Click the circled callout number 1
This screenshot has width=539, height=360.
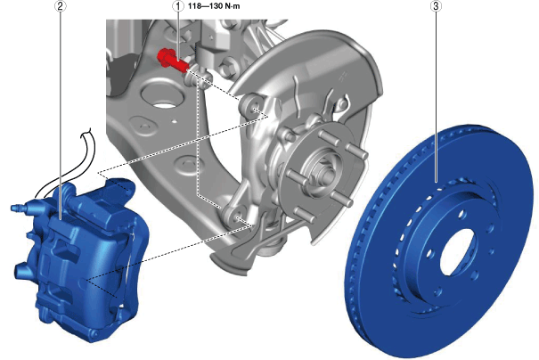tap(178, 6)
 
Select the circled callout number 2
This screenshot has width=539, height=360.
tap(61, 6)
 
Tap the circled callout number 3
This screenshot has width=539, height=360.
tap(436, 6)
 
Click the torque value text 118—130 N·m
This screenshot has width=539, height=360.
tap(214, 6)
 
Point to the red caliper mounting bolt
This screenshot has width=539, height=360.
tap(173, 61)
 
